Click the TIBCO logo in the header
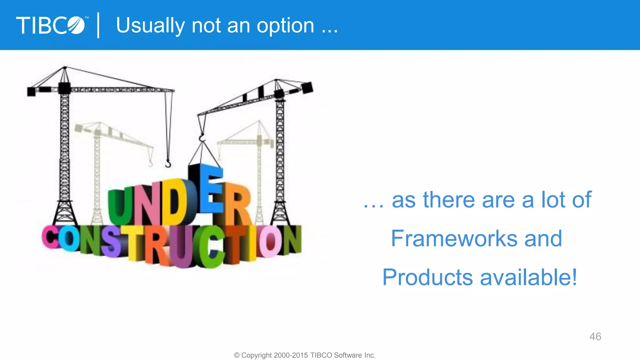(50, 25)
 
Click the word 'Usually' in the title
(150, 26)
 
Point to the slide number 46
(595, 337)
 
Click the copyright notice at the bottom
(305, 355)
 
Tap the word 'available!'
(528, 277)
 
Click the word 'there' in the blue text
(449, 200)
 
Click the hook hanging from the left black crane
(168, 163)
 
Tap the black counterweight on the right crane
(307, 87)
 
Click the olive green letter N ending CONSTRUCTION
(292, 240)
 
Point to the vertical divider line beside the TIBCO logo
(98, 25)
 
